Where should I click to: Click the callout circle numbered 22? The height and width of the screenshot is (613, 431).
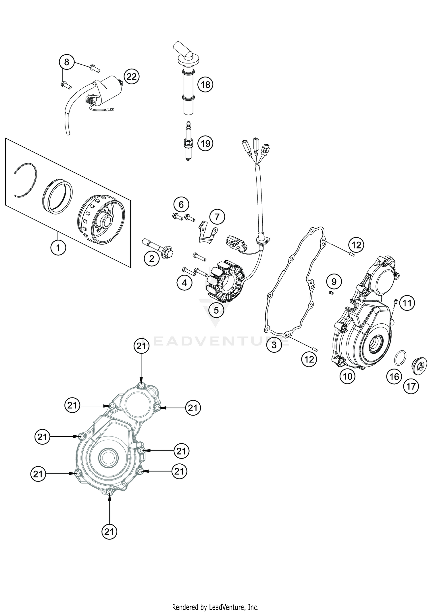pyautogui.click(x=131, y=77)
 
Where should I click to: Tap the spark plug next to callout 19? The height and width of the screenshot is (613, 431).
pyautogui.click(x=188, y=142)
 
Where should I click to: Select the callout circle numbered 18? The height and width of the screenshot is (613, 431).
pyautogui.click(x=205, y=85)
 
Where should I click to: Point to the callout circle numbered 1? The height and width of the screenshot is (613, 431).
pyautogui.click(x=58, y=247)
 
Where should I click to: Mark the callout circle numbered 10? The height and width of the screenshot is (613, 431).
pyautogui.click(x=347, y=376)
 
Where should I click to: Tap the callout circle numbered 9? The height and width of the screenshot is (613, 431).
pyautogui.click(x=334, y=282)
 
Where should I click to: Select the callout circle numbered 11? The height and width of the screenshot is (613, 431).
pyautogui.click(x=407, y=303)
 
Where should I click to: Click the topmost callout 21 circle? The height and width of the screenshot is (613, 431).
pyautogui.click(x=141, y=346)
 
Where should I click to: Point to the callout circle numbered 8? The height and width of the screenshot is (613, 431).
pyautogui.click(x=67, y=62)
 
